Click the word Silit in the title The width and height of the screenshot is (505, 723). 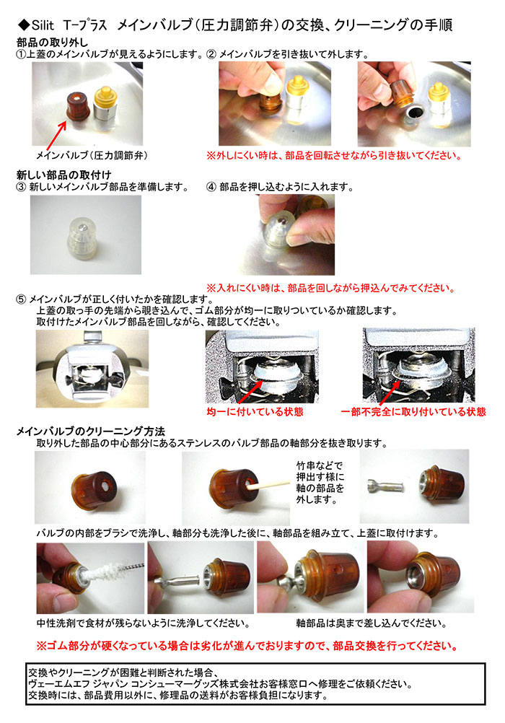[x=43, y=25]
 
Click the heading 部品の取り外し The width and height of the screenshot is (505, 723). [x=52, y=43]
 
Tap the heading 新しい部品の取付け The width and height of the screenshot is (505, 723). [x=63, y=175]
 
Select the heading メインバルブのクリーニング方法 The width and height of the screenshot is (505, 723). [x=91, y=431]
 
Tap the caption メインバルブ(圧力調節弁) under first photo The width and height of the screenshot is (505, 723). [x=92, y=155]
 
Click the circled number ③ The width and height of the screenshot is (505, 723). [x=21, y=187]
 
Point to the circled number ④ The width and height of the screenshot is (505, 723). [x=211, y=187]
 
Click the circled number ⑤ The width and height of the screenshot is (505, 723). [x=21, y=299]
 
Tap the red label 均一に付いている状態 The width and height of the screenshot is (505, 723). [x=255, y=412]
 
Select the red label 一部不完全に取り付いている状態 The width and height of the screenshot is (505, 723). [x=413, y=412]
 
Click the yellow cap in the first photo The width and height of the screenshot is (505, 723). [x=105, y=97]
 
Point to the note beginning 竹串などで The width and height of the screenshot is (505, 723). [x=320, y=482]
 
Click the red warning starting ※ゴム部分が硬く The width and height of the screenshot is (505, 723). [x=247, y=646]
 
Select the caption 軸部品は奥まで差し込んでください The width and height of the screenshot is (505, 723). [x=372, y=623]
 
